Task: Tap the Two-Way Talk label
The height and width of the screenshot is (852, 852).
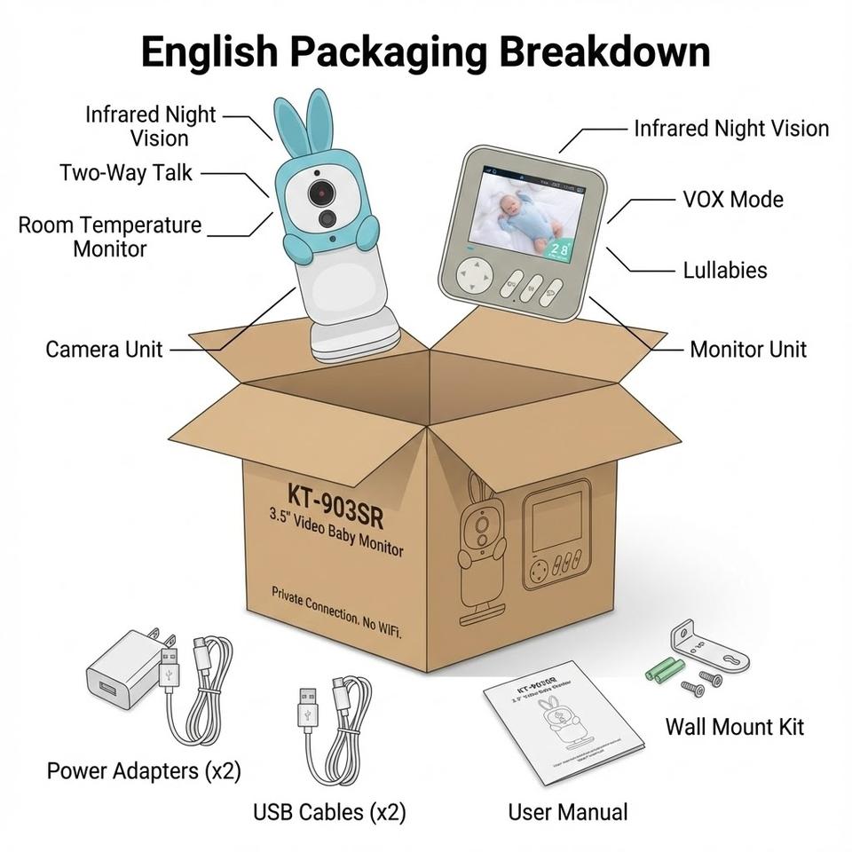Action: click(x=125, y=172)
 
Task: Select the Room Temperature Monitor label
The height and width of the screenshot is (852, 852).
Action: click(x=110, y=237)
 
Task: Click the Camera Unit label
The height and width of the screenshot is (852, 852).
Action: click(x=104, y=350)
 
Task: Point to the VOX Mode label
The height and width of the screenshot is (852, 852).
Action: click(x=733, y=199)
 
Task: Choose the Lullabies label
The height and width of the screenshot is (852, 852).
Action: click(x=725, y=270)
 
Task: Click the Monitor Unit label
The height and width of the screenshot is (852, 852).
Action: click(x=748, y=350)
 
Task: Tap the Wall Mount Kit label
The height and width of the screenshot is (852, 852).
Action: click(x=735, y=727)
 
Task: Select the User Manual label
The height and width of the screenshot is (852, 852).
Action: click(x=567, y=811)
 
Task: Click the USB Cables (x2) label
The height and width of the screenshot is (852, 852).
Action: click(x=329, y=811)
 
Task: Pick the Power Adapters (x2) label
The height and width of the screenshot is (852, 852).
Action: click(x=144, y=770)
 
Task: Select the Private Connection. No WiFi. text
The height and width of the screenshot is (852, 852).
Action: click(x=336, y=612)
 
